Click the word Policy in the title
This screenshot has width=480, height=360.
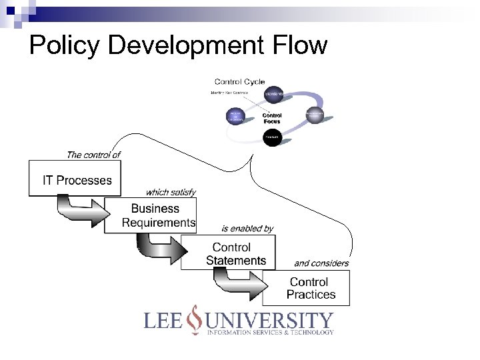coord(64,45)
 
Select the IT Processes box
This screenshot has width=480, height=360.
coord(77,179)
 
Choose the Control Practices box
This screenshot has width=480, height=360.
coord(310,288)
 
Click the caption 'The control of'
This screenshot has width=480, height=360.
coord(93,155)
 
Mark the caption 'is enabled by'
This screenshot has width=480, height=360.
coord(247,229)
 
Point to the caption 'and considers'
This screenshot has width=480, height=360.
coord(321,263)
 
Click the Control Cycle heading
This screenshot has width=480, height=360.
coord(239,81)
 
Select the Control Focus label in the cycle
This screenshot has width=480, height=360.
coord(271,119)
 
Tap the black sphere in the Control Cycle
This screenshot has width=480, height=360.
coord(271,138)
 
